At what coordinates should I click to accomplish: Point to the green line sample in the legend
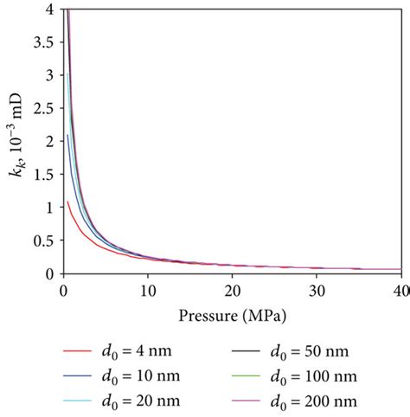tap(252, 377)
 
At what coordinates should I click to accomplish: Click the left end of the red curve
tap(67, 202)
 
